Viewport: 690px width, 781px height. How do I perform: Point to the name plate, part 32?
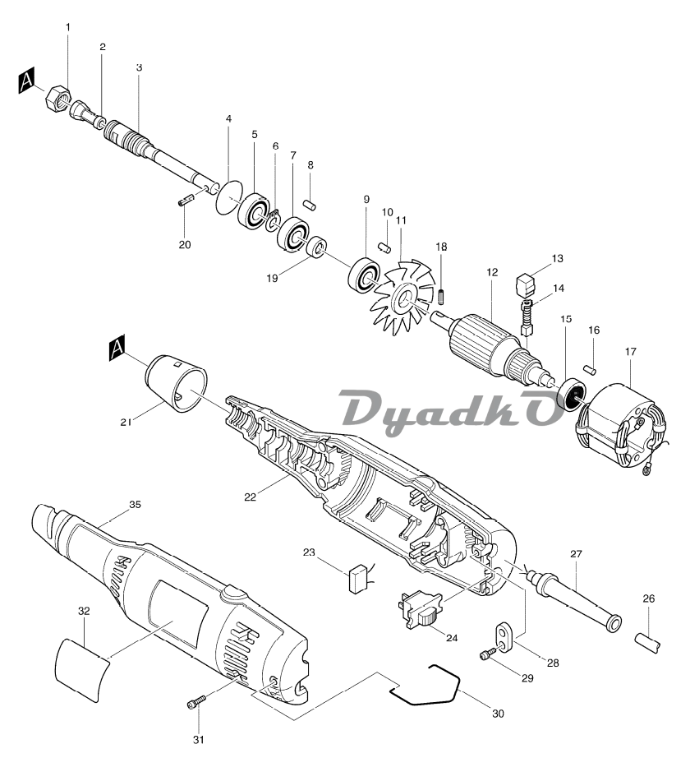(81, 666)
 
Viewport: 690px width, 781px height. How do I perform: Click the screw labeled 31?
(195, 701)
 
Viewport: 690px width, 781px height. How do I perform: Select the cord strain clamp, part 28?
(503, 634)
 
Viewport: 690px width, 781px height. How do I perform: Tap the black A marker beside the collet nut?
(28, 81)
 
